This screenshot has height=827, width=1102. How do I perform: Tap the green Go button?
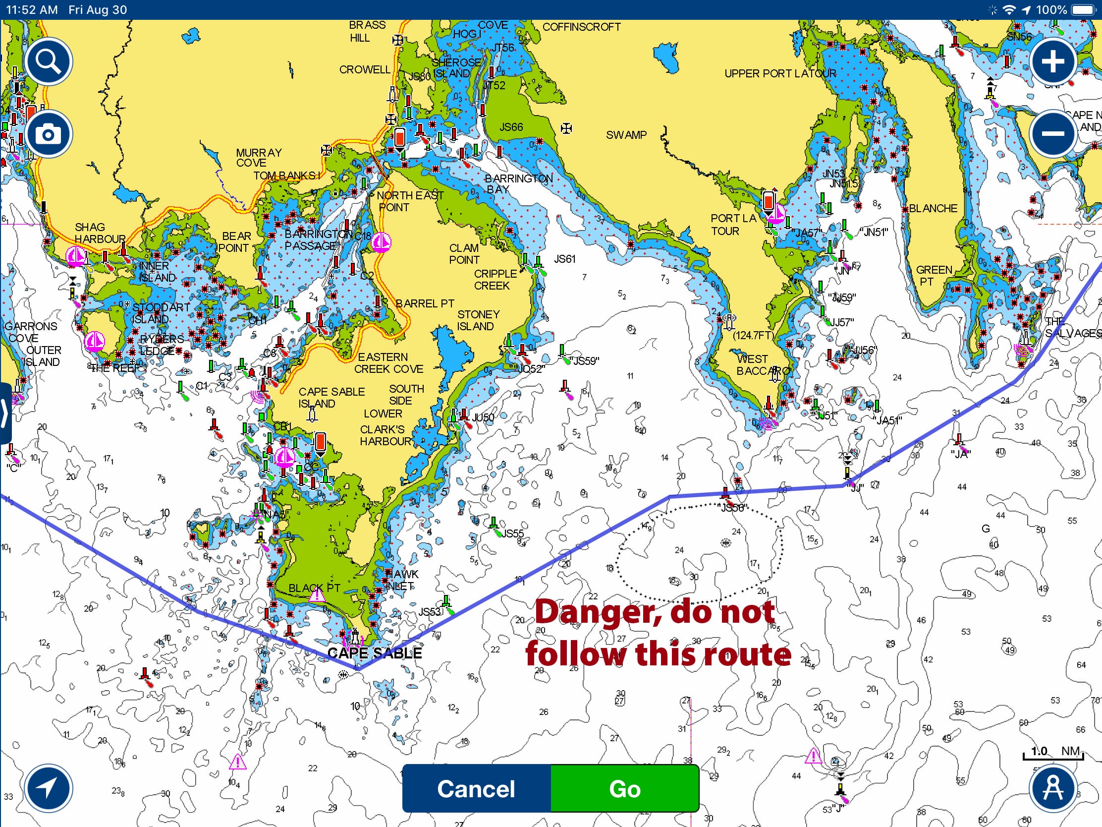point(624,789)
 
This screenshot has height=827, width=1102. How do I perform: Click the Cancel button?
point(476,789)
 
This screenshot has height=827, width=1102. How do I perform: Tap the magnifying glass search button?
point(49,62)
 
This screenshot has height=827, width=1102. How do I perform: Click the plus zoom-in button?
point(1052,62)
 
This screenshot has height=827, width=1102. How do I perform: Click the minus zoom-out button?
point(1052,133)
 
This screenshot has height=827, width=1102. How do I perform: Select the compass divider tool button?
point(1052,789)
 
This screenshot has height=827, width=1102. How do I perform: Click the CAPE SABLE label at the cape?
point(375,653)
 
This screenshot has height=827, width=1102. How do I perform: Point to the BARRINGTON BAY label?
point(518,183)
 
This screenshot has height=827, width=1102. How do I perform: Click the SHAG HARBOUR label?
point(100,234)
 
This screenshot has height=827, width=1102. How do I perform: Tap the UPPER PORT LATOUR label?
point(780,74)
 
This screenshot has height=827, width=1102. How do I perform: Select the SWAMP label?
point(626,135)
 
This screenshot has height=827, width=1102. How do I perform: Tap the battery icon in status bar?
point(1084,9)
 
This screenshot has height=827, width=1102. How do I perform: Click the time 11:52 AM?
point(32,9)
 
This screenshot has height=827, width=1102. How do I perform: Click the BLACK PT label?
point(314,588)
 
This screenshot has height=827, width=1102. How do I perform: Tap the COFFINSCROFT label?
point(581,27)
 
